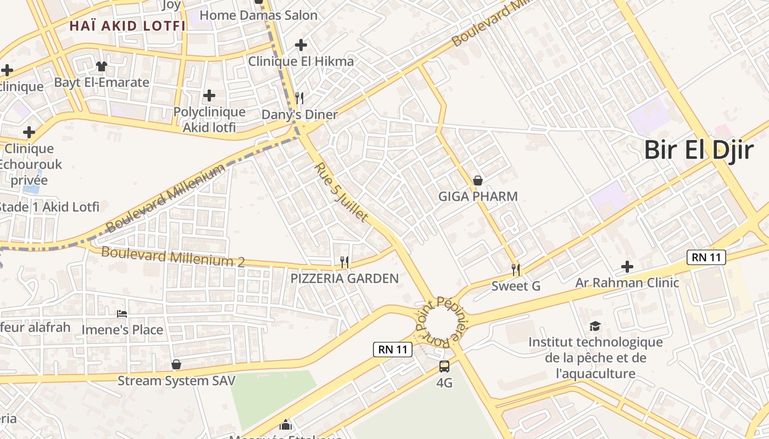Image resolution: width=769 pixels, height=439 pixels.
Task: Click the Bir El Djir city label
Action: (698, 150)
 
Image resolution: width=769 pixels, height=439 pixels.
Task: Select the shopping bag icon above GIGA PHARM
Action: (478, 181)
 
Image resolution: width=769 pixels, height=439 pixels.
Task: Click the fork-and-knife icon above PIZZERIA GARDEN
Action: (344, 262)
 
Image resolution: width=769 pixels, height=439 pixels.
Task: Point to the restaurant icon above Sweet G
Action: (516, 269)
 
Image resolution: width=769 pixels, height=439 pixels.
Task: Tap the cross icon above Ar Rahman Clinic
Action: (627, 267)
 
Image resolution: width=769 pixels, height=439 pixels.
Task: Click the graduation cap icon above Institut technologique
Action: (595, 327)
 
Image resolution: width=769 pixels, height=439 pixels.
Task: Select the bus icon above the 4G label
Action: (444, 366)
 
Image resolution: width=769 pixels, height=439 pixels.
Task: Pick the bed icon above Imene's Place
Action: (122, 314)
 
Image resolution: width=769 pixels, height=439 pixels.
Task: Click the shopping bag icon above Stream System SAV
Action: (176, 364)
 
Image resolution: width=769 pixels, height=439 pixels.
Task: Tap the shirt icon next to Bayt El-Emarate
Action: (102, 66)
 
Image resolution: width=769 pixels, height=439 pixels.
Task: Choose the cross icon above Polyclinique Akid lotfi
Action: (209, 95)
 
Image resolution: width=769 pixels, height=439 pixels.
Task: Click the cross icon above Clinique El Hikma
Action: (300, 45)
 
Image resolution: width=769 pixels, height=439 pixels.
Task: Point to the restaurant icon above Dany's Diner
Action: (299, 98)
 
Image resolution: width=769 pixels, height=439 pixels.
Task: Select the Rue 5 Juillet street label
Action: (341, 192)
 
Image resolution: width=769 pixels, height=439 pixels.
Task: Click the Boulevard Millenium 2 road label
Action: (173, 257)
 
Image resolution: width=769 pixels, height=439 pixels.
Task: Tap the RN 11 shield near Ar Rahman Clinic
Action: (706, 257)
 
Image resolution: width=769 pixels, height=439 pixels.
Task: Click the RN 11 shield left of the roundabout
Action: (393, 349)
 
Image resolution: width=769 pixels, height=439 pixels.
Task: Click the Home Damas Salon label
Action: (258, 15)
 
